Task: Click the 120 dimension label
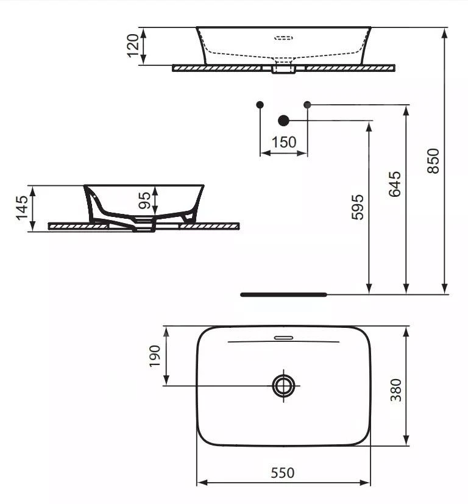tap(133, 46)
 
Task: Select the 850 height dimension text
tap(433, 161)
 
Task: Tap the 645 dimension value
tap(394, 184)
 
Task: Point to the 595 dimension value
tap(358, 207)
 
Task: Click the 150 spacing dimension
tap(284, 143)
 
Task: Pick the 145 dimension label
tap(22, 208)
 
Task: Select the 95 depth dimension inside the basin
tap(145, 201)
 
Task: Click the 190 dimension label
tap(154, 356)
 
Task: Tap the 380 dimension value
tap(395, 390)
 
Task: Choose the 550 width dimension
tap(283, 472)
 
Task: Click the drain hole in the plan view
tap(283, 385)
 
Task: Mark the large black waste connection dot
tap(283, 120)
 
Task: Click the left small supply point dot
tap(260, 105)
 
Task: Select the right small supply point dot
tap(307, 105)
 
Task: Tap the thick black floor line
tap(283, 294)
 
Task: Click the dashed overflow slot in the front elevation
tap(284, 38)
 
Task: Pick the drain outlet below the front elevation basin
tap(284, 68)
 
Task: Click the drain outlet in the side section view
tap(144, 229)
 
